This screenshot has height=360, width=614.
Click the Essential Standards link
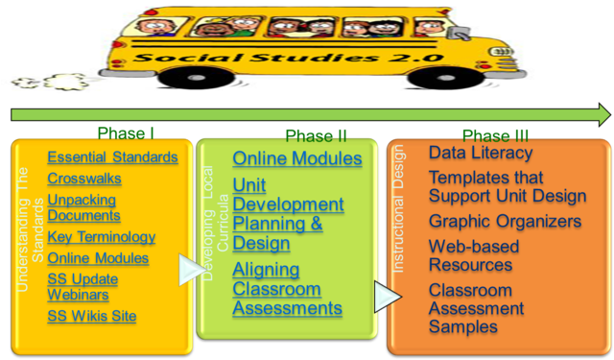tap(112, 157)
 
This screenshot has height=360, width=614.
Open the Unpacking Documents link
tap(83, 207)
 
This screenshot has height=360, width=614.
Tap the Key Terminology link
tap(101, 237)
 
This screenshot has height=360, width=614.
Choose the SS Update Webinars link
tap(83, 286)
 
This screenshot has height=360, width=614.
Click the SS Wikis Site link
tap(92, 316)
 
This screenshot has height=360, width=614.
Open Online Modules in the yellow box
tap(98, 258)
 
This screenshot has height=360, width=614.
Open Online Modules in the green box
tap(296, 158)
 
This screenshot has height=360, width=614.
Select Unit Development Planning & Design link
tap(288, 214)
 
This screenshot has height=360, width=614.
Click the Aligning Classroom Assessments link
tap(287, 289)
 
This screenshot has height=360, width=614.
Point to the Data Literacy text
tap(480, 153)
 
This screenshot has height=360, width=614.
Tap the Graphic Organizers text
tap(505, 222)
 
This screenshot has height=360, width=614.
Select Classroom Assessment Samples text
tap(477, 308)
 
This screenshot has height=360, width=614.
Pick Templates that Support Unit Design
tap(507, 187)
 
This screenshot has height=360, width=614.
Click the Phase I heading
tap(127, 133)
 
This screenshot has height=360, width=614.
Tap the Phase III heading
tap(495, 134)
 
